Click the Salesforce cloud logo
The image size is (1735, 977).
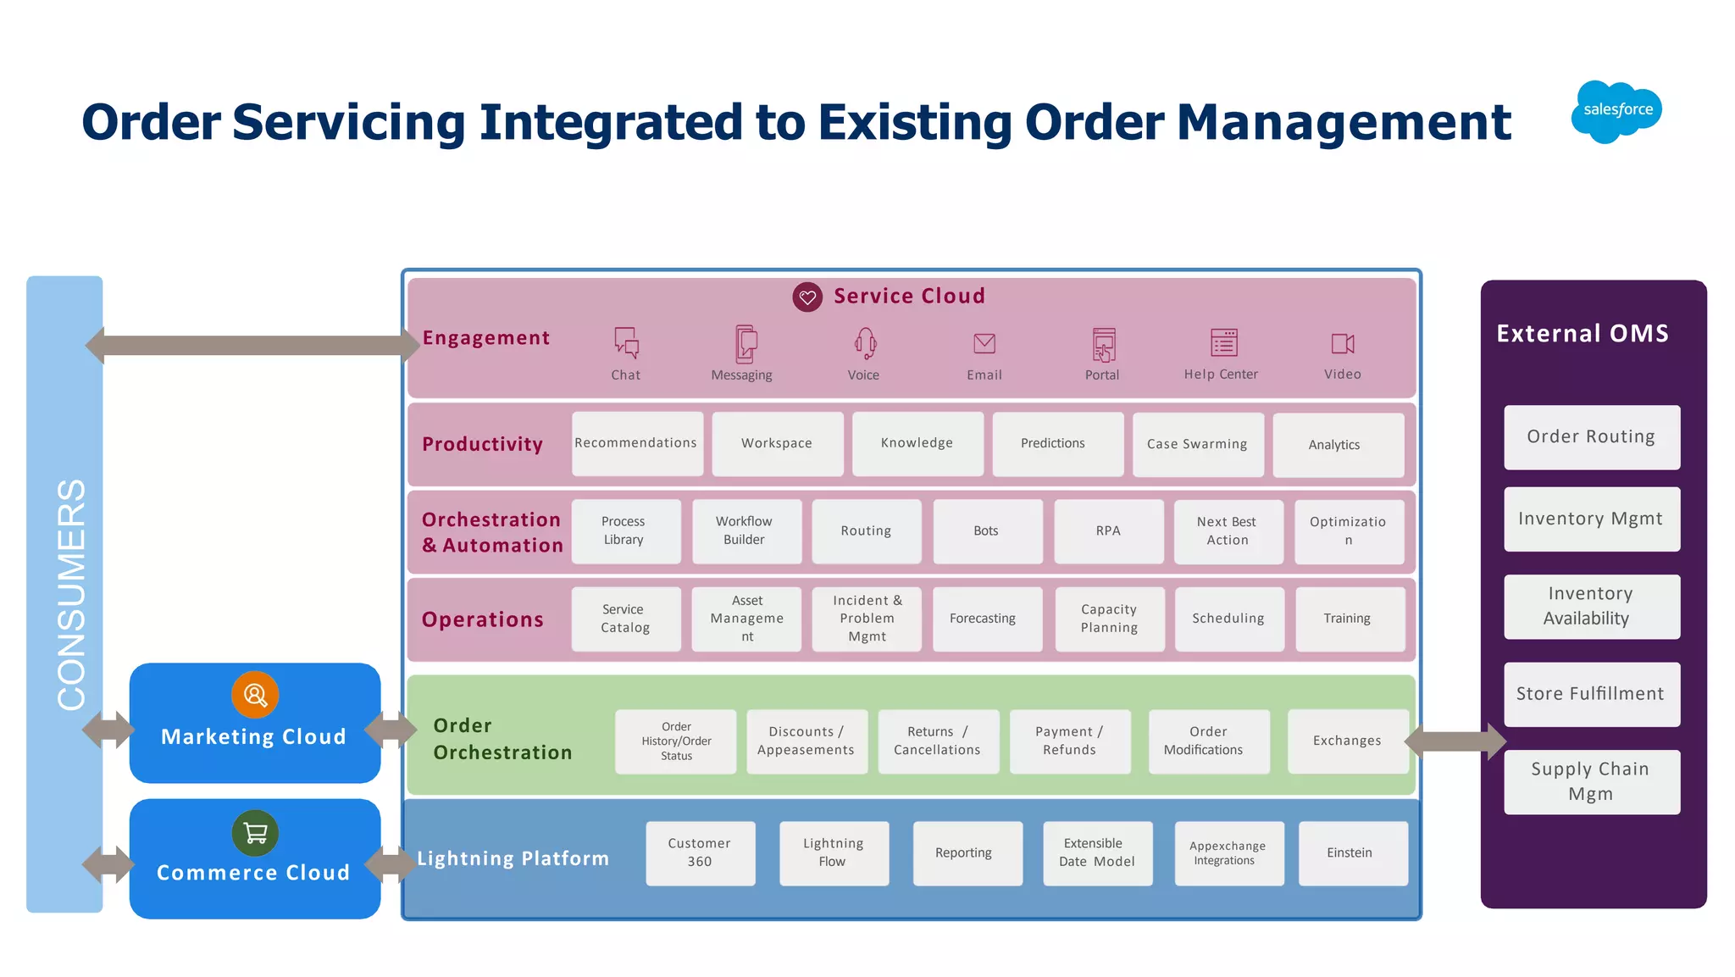coord(1616,111)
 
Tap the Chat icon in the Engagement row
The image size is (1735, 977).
coord(626,343)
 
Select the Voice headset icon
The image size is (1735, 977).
coord(864,343)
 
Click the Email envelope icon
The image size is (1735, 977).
coord(984,343)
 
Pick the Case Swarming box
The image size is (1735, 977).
coord(1197,444)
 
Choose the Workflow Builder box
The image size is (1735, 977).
coord(746,531)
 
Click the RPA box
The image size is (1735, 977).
coord(1108,531)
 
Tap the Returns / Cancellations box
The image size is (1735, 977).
coord(937,741)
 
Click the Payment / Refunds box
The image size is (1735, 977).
coord(1069,741)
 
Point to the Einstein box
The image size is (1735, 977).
coord(1350,852)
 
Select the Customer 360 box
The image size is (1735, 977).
coord(700,852)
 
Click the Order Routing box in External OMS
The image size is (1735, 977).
coord(1591,437)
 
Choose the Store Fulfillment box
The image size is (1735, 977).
coord(1591,694)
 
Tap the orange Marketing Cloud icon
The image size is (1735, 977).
coord(255,695)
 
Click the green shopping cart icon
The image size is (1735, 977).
coord(255,833)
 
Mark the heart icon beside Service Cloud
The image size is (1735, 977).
coord(807,297)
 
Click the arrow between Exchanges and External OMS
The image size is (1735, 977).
coord(1455,741)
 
